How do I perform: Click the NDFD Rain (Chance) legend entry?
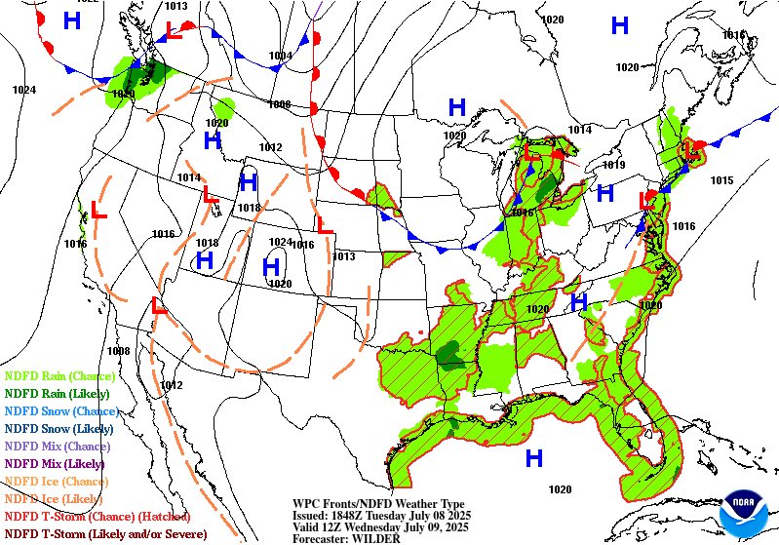[59, 375]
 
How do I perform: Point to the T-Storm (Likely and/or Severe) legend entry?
[105, 533]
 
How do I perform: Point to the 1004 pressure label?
[280, 56]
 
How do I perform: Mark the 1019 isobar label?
[613, 165]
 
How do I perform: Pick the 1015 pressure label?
[721, 180]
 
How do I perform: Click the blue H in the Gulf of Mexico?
[533, 457]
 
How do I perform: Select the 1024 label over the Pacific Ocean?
[24, 90]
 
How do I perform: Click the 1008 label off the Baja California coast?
[118, 351]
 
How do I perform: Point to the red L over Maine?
[690, 150]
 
